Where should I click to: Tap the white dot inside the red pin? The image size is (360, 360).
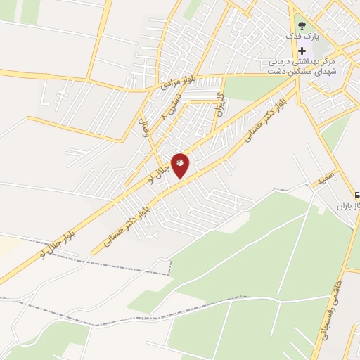click(180, 162)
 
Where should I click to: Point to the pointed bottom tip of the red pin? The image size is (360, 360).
click(180, 178)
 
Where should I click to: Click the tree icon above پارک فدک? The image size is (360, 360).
click(302, 25)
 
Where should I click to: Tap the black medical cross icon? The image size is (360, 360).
click(302, 51)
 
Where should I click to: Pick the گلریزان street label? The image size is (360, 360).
click(220, 103)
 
